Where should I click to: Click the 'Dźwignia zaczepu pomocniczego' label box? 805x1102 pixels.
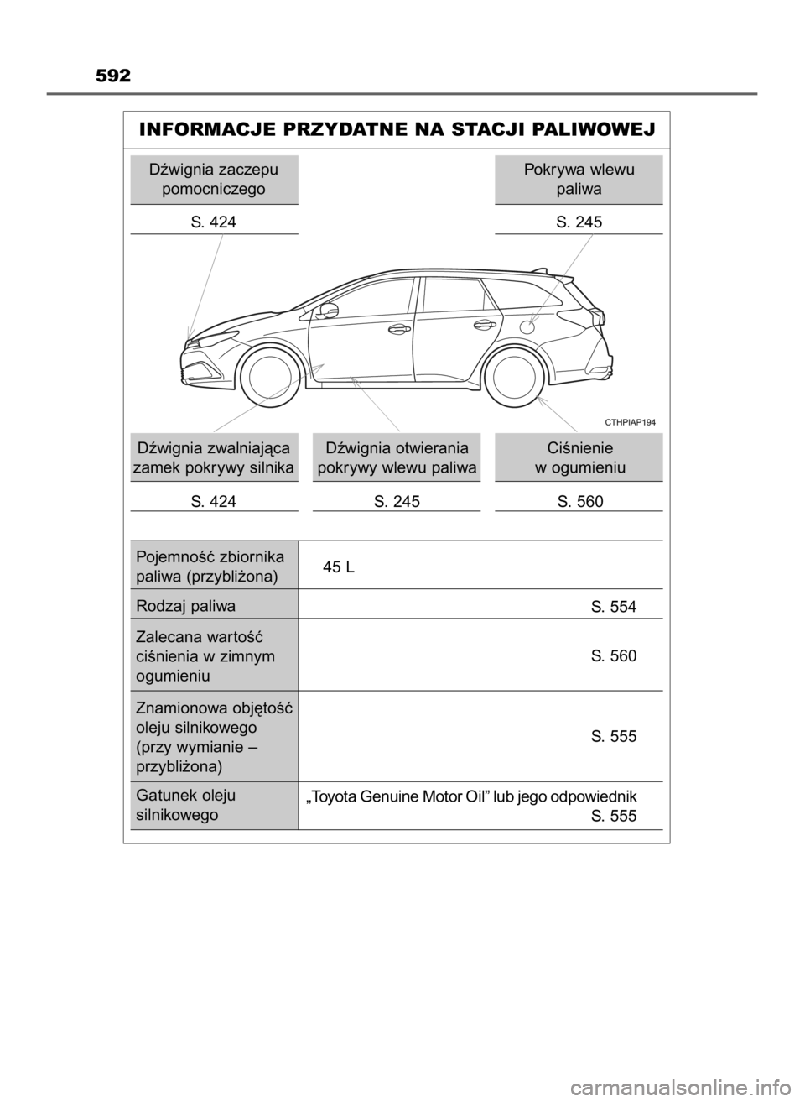coord(214,179)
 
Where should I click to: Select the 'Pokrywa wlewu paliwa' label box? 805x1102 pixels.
coord(579,179)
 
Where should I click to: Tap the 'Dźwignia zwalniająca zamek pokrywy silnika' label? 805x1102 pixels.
coord(215,456)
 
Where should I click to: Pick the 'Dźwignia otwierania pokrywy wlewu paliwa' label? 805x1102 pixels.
coord(397,456)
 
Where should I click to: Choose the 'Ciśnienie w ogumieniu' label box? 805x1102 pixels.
coord(579,456)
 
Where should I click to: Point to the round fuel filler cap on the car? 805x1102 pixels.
coord(528,326)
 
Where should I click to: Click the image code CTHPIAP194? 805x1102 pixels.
coord(630,423)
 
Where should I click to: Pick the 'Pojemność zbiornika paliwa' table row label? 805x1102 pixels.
coord(214,566)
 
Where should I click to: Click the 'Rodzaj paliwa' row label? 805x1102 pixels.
coord(214,605)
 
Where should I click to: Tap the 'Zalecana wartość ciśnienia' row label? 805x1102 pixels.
coord(214,655)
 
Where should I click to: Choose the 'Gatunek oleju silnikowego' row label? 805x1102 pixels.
coord(214,805)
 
